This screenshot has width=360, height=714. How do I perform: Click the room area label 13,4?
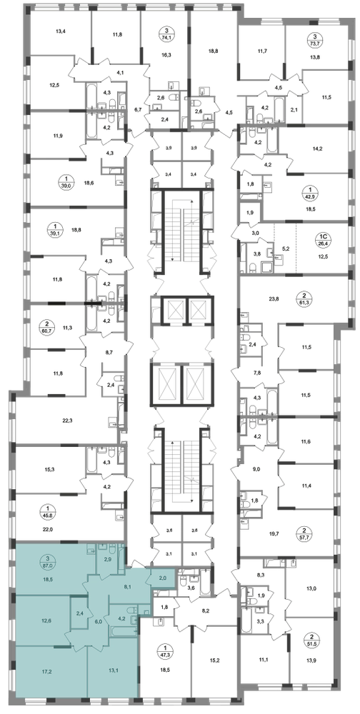pos(61,31)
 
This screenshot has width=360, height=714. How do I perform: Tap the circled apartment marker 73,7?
pos(314,40)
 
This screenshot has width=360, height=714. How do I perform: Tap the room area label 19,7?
pos(276,531)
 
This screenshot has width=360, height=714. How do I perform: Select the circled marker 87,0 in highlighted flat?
pos(45,561)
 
